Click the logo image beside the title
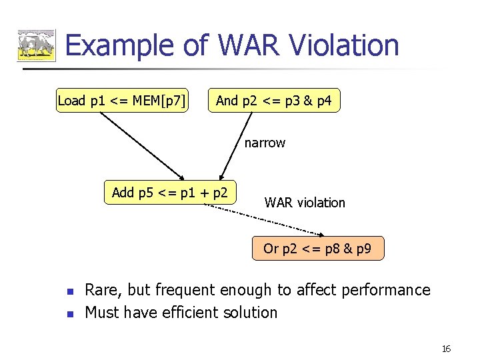coord(36,46)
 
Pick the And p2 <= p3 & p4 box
coord(273,101)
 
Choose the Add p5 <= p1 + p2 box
coord(170,193)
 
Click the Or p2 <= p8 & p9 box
coord(317,249)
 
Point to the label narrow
coord(265,143)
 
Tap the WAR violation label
coord(305,203)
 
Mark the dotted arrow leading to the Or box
coord(267,220)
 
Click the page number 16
coord(447,349)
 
